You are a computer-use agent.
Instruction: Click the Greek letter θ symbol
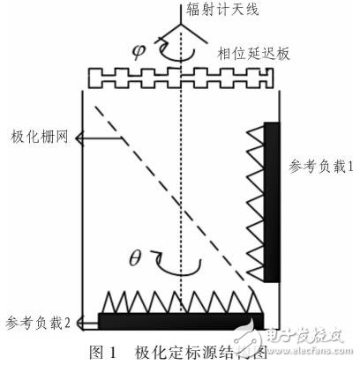(135, 260)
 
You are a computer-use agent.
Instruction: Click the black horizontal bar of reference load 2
(180, 319)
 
